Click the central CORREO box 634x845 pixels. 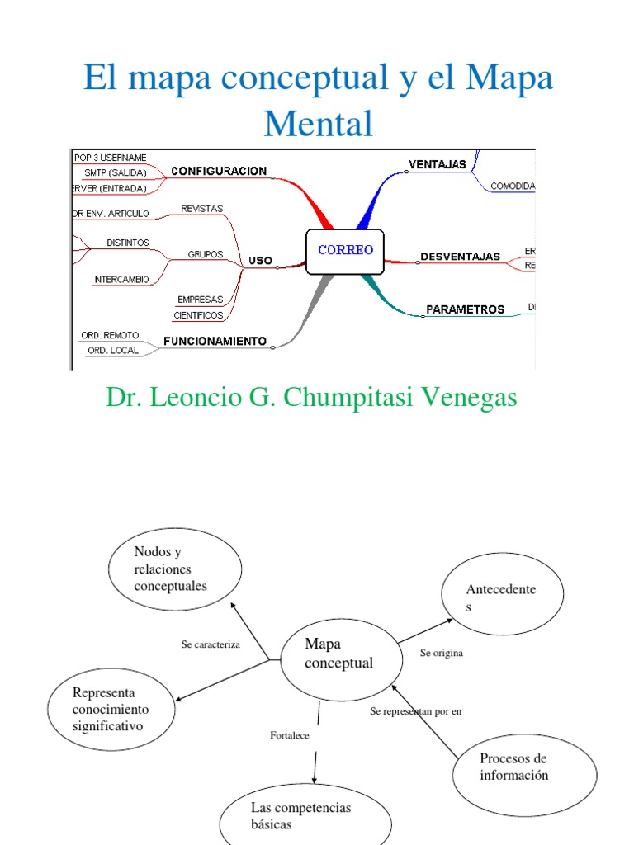[x=344, y=251]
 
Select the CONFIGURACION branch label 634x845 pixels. [x=219, y=172]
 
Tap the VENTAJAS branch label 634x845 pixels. [x=438, y=164]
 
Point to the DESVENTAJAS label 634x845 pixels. [x=460, y=257]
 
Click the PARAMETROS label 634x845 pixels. [x=465, y=309]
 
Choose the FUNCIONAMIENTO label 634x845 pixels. [x=215, y=341]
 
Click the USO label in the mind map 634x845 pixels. [x=260, y=261]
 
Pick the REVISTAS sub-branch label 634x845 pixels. [x=202, y=209]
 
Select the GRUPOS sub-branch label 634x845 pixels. [x=206, y=254]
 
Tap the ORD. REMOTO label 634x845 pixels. [x=109, y=336]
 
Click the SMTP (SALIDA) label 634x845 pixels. [x=115, y=172]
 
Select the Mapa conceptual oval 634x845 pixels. [x=338, y=654]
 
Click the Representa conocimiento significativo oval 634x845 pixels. [x=111, y=710]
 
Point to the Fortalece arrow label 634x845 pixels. [x=290, y=735]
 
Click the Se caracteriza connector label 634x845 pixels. [x=211, y=644]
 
